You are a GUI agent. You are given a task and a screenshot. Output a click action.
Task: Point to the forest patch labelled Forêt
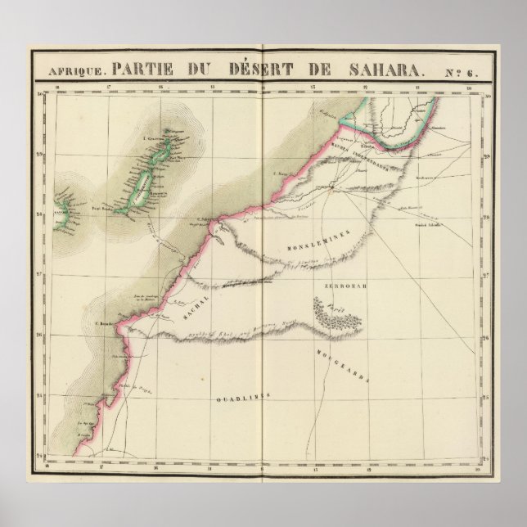pyautogui.click(x=331, y=312)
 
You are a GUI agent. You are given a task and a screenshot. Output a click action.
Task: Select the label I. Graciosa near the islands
pyautogui.click(x=153, y=139)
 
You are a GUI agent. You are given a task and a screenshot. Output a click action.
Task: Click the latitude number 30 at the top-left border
pyautogui.click(x=40, y=96)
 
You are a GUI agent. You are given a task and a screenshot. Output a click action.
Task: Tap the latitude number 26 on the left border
pyautogui.click(x=40, y=334)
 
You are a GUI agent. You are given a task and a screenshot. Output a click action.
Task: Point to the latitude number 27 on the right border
pyautogui.click(x=484, y=276)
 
